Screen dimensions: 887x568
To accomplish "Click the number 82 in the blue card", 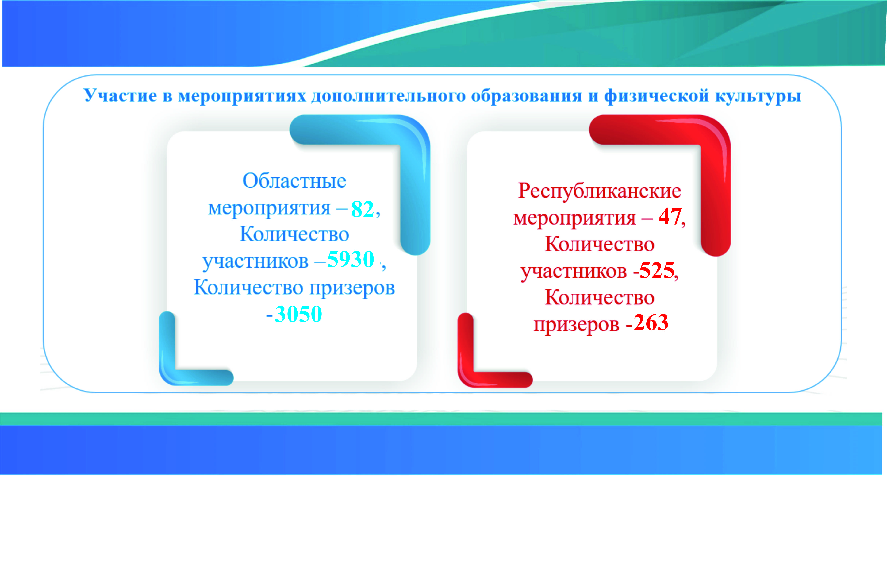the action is tap(362, 209).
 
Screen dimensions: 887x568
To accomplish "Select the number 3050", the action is tap(298, 314).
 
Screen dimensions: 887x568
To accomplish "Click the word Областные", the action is tap(294, 181).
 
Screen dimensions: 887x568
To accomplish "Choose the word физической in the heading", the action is tap(656, 95).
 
